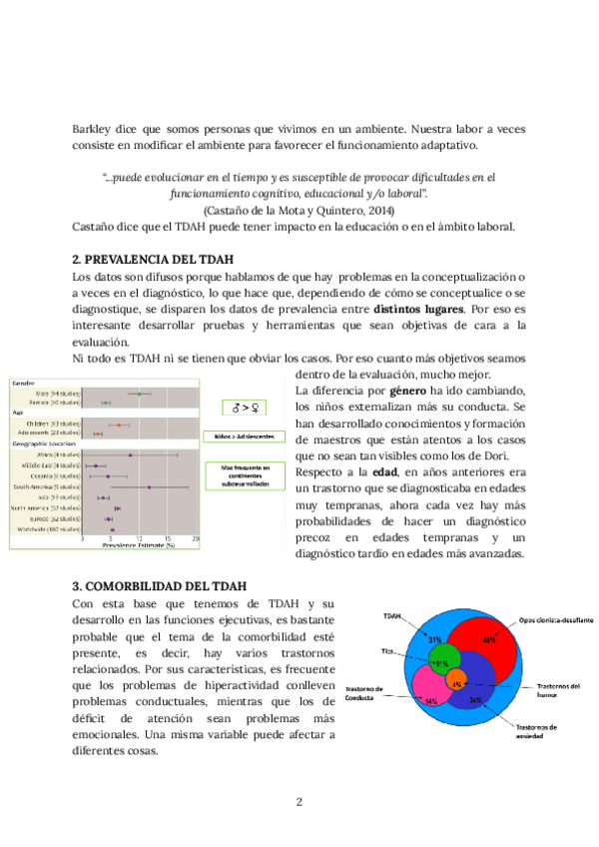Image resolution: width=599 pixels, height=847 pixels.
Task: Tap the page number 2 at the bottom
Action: (299, 801)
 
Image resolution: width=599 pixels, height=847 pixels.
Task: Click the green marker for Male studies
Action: (139, 393)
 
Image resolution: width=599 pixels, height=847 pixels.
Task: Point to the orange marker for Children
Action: (120, 424)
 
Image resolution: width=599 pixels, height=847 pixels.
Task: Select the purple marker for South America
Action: (149, 487)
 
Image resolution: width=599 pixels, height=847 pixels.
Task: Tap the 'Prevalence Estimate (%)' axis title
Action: (141, 545)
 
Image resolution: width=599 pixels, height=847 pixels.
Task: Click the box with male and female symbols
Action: (244, 407)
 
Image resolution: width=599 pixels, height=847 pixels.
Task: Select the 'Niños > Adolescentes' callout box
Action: (244, 436)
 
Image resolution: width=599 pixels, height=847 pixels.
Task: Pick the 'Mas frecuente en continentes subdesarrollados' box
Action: (244, 476)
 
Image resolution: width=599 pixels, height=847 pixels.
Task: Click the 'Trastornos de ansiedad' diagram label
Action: (540, 731)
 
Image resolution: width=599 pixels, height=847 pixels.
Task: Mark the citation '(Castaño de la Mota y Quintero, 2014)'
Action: (299, 210)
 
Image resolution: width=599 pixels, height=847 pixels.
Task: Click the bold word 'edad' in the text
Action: (386, 470)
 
